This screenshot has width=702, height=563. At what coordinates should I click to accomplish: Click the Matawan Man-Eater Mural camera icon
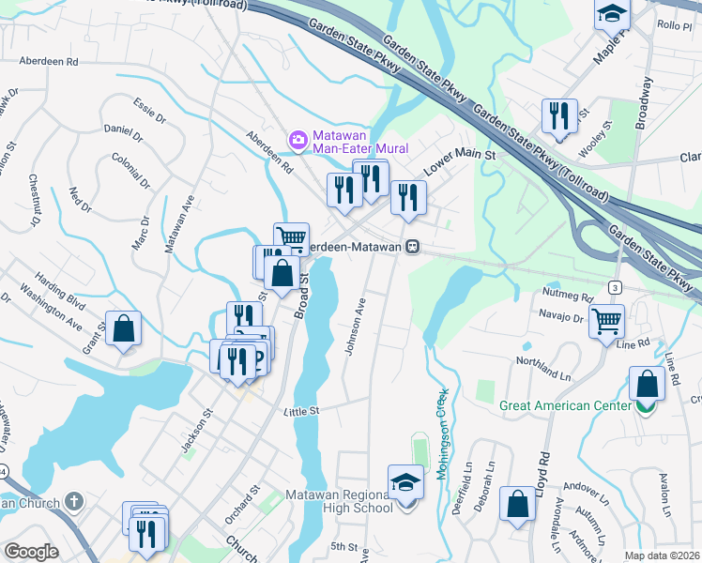point(298,141)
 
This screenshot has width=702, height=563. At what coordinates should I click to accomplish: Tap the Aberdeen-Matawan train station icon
point(412,247)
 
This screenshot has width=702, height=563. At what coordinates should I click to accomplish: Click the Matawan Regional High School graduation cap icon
point(405,483)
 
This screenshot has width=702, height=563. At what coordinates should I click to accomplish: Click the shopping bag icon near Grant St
point(123,328)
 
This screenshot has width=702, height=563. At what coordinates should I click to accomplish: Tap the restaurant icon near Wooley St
point(559,116)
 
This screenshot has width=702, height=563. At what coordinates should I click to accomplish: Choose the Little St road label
point(302,411)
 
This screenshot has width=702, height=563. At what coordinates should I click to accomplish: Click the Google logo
point(31,552)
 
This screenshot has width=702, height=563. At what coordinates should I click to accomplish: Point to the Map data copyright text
point(662,555)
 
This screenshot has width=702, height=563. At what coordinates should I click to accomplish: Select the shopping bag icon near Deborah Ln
point(516,504)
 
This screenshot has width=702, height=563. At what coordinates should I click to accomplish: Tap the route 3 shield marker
point(614,285)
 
